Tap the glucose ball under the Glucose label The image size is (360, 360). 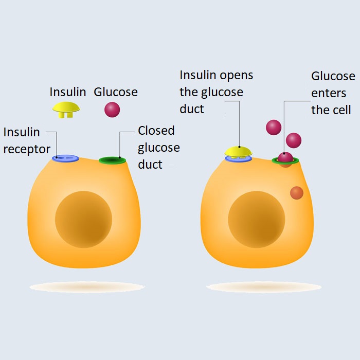coord(112,109)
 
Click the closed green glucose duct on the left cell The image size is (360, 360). coord(113,160)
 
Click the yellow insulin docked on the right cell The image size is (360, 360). coord(238,151)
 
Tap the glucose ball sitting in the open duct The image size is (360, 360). coord(285,157)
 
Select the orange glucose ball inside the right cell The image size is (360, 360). coord(297,193)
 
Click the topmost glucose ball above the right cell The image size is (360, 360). coord(274,127)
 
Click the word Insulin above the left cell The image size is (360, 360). coord(68,92)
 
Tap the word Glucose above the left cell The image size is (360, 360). coord(116,93)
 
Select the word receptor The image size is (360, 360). coord(27,150)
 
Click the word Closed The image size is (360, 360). coord(156,131)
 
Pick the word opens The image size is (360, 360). coord(237,75)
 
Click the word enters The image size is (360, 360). coord(329,94)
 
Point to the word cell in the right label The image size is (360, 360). coord(341,110)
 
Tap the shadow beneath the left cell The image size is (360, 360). coord(87,286)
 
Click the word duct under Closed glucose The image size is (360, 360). coord(150,165)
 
